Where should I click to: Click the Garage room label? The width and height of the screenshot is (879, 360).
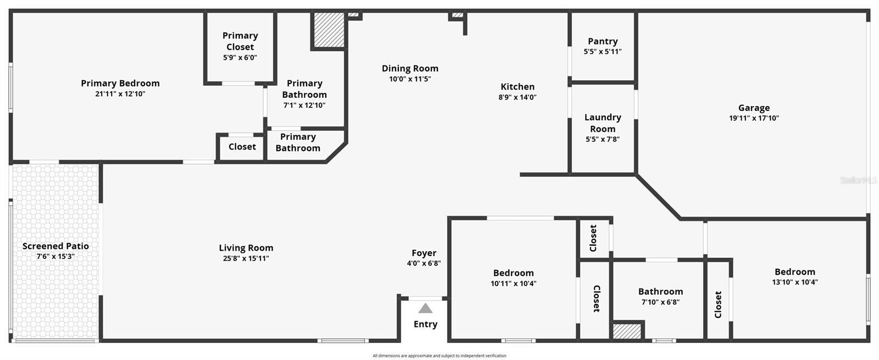[x=754, y=108]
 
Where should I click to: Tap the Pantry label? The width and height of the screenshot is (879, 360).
[x=603, y=41]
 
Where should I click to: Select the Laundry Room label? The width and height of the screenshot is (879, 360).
[x=603, y=123]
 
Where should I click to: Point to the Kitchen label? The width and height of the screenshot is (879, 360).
[x=518, y=87]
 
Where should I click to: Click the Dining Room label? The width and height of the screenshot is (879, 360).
[x=410, y=69]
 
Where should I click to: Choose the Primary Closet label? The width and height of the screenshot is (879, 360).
[x=240, y=41]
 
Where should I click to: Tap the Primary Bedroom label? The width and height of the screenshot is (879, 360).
[x=120, y=84]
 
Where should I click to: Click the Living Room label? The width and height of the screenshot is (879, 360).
[x=246, y=248]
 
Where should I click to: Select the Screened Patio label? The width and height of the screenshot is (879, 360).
[x=55, y=246]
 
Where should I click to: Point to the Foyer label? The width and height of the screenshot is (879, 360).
[x=424, y=253]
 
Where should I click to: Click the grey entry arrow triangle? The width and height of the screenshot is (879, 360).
[x=425, y=308]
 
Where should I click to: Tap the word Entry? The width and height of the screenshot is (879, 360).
[x=425, y=324]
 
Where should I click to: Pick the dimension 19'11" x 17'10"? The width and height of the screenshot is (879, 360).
[x=754, y=118]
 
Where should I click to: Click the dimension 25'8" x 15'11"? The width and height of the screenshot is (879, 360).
[x=246, y=258]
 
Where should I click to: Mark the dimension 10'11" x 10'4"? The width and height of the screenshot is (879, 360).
[x=513, y=284]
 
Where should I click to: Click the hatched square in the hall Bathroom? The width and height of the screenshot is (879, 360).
[x=627, y=331]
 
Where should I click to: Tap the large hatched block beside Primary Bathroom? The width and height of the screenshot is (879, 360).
[x=329, y=30]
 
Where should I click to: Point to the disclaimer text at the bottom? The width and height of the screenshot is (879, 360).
[x=439, y=356]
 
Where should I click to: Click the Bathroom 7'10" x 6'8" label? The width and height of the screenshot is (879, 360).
[x=660, y=292]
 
